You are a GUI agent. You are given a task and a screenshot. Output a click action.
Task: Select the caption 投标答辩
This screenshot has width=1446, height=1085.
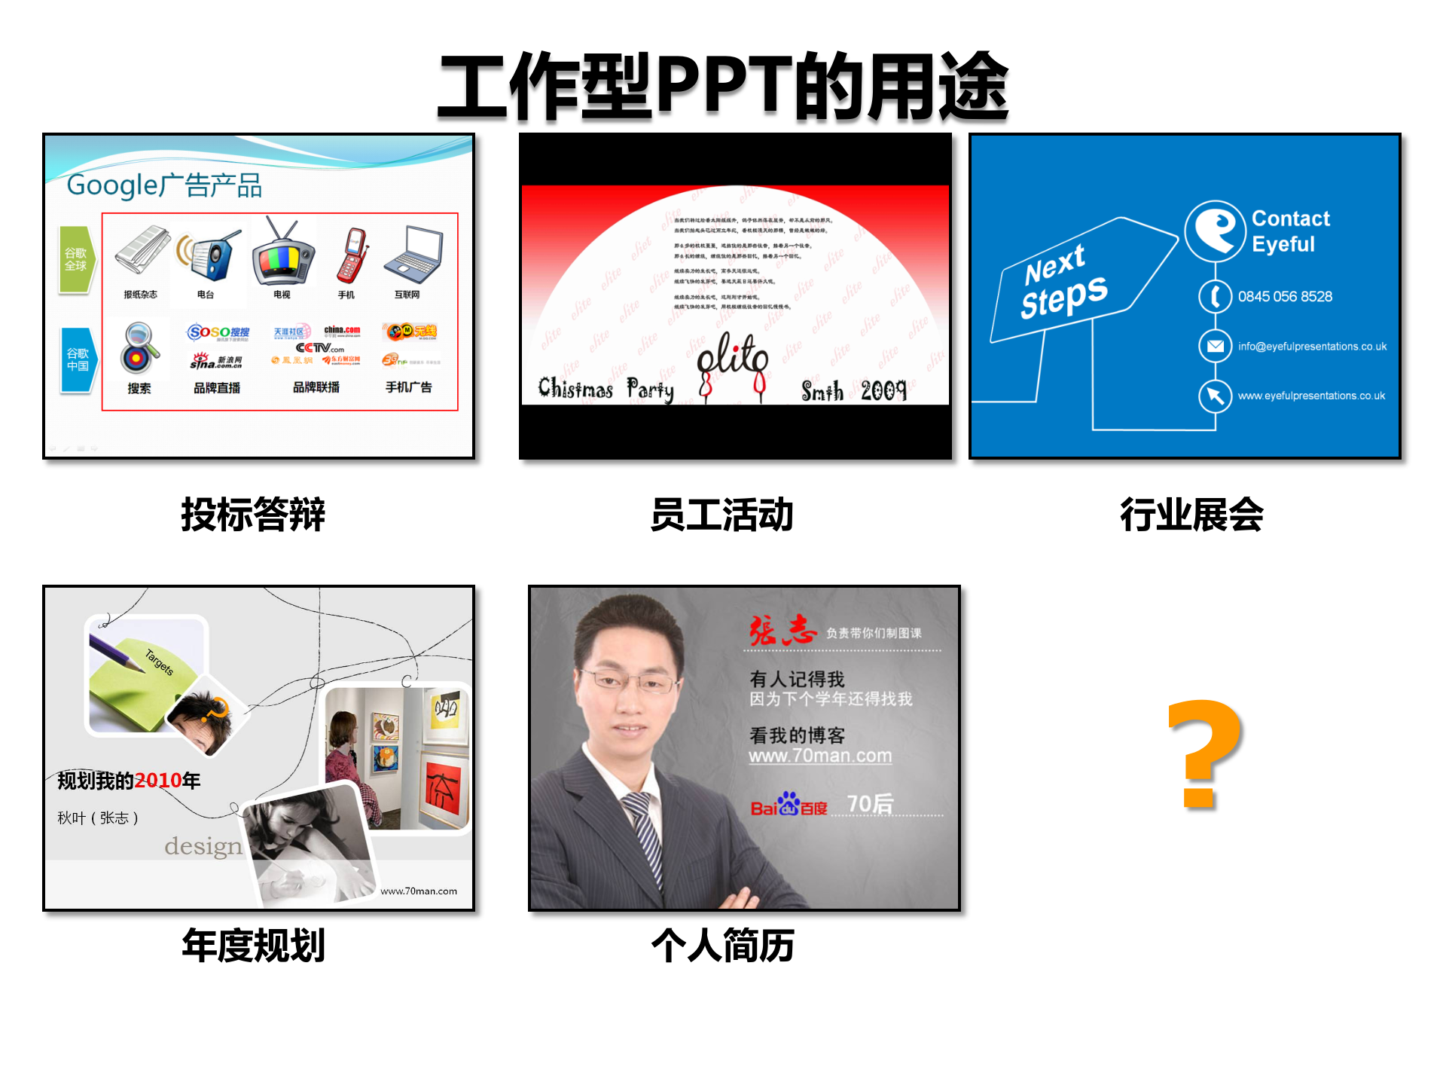[253, 515]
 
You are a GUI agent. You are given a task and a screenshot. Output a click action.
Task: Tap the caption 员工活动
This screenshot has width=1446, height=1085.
[721, 515]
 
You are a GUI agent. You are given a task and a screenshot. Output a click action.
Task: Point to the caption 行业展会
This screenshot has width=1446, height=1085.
[1191, 515]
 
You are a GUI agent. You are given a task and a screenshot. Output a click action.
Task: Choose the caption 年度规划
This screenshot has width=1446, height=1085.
[253, 945]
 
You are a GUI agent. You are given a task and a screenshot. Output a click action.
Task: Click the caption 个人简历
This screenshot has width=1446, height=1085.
[722, 945]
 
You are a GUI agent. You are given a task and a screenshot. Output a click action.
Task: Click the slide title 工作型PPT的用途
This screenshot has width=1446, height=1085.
[723, 87]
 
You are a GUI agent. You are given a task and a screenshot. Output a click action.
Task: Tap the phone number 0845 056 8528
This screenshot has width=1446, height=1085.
[1285, 297]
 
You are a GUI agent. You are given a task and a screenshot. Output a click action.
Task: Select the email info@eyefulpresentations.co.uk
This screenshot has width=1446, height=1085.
[1312, 347]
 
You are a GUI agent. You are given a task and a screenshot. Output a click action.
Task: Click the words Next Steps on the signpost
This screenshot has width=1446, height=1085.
[1063, 283]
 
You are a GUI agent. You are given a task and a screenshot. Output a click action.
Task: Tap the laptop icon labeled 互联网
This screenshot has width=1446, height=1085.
[413, 254]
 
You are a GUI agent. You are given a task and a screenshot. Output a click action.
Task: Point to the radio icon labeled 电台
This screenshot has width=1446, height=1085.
[210, 255]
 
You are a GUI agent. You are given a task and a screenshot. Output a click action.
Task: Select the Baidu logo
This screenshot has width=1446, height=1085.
[789, 805]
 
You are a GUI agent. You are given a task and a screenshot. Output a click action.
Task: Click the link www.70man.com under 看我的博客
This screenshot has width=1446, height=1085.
[820, 756]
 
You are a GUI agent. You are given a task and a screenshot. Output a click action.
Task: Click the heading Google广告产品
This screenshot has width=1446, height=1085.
[164, 185]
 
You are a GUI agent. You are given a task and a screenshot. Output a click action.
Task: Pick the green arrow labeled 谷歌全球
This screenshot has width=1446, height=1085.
[77, 260]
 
